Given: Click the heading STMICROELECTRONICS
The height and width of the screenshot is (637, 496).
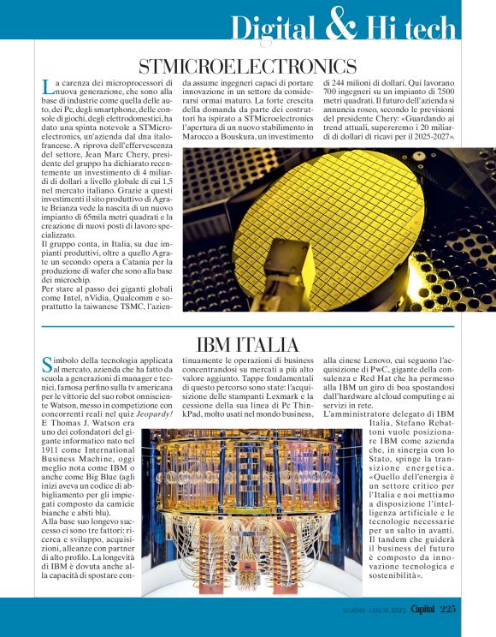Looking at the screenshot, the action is coord(247,66).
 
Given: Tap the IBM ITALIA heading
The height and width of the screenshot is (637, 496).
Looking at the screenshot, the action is coord(247,345).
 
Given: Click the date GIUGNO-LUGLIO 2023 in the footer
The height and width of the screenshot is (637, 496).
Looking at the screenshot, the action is coord(367,609).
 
